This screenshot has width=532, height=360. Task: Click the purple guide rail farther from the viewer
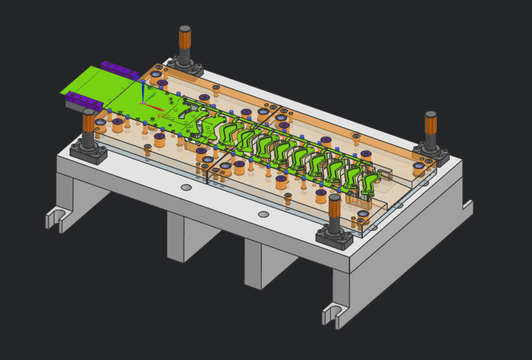[119, 69]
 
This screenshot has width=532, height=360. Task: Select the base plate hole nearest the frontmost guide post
[263, 214]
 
